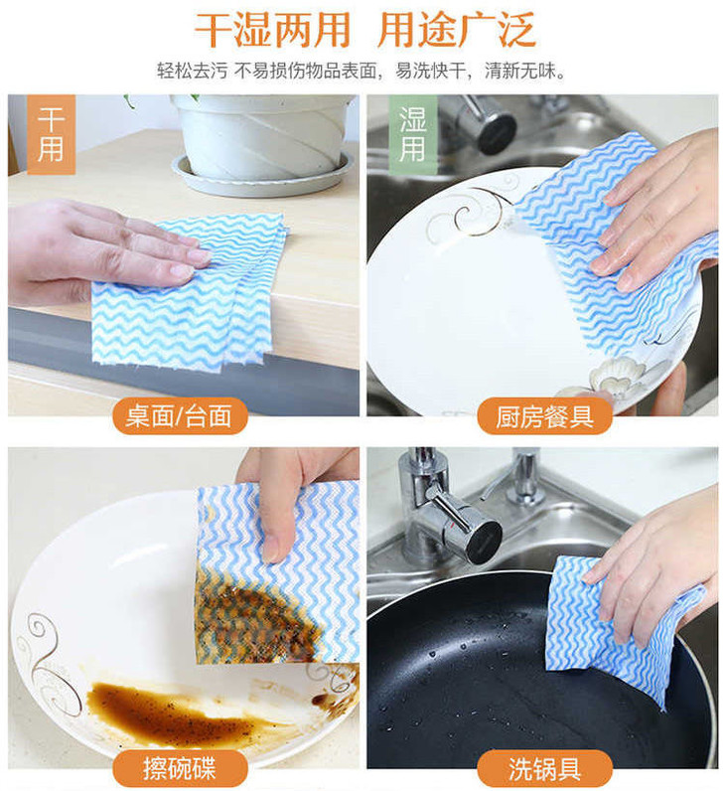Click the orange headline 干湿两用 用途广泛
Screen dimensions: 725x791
364,30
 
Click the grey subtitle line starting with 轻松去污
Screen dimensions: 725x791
361,71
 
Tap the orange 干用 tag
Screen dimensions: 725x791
51,134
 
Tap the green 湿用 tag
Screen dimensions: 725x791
412,134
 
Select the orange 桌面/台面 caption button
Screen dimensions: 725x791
180,416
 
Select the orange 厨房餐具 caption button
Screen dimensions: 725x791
544,416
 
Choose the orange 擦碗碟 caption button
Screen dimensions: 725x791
180,768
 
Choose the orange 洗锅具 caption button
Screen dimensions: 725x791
544,768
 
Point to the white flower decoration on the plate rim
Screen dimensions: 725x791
616,376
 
